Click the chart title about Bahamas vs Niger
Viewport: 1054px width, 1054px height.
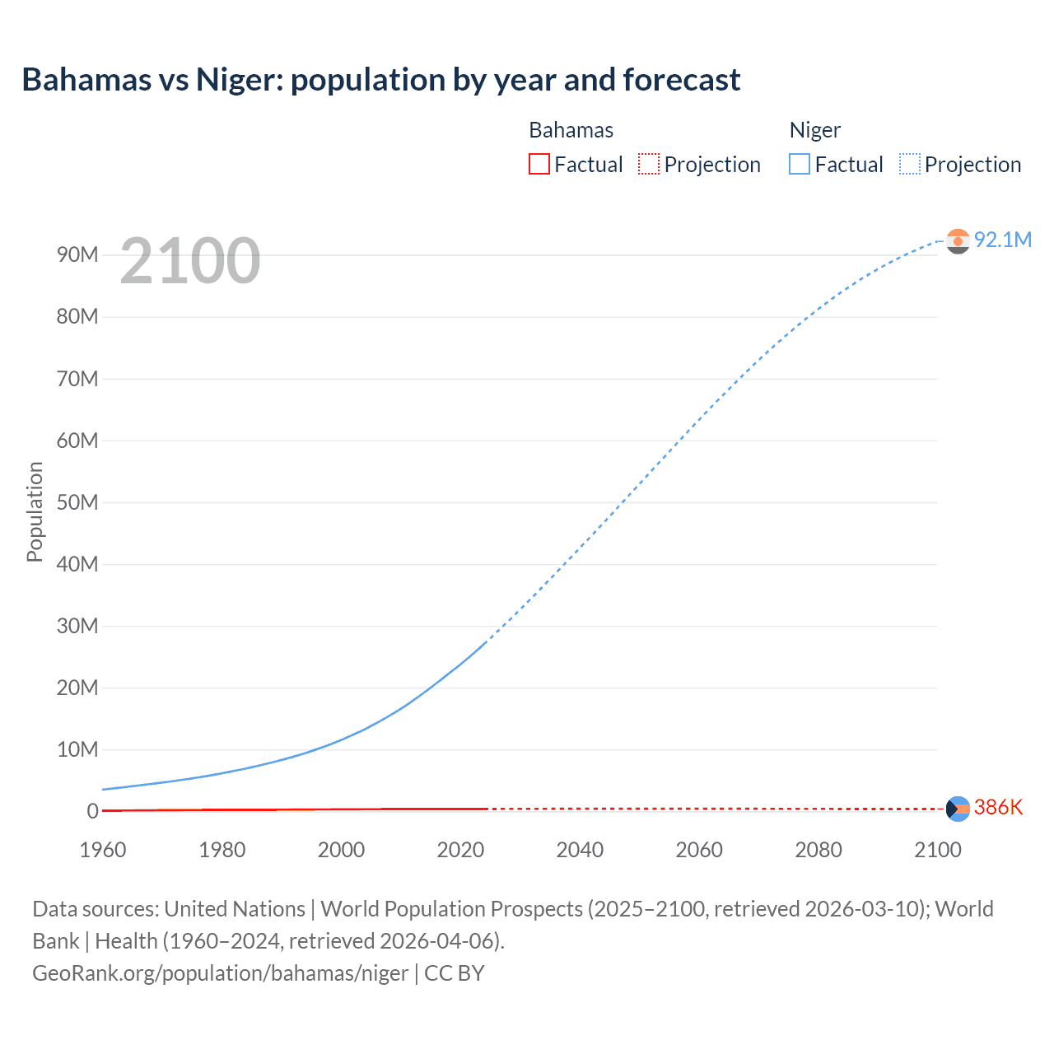pos(380,80)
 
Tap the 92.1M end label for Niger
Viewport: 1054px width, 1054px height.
pos(1002,240)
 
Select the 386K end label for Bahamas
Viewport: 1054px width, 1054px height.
pos(998,807)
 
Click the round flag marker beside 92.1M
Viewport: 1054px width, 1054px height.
pos(958,240)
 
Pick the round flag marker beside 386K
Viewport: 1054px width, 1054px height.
pos(958,809)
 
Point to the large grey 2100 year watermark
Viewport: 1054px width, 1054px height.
pos(190,261)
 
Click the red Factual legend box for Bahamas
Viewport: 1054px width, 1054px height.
pos(539,165)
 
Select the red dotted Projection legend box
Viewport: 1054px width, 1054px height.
pos(649,165)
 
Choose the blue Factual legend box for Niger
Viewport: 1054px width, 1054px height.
pos(800,165)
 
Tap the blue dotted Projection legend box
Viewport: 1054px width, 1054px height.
pos(910,165)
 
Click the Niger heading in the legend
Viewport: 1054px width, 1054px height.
pos(814,130)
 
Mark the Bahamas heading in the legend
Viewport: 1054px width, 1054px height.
pos(571,130)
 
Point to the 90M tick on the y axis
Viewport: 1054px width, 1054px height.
pos(77,254)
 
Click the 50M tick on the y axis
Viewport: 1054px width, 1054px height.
pos(77,502)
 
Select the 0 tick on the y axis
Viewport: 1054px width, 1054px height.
pos(92,811)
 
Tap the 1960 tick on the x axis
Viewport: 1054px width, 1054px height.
pos(103,850)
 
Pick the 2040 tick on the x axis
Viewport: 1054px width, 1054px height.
pos(580,850)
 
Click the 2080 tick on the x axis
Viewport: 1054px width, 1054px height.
pos(818,850)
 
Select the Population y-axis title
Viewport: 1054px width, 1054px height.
pos(35,511)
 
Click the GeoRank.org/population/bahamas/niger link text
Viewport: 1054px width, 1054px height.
pos(220,973)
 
